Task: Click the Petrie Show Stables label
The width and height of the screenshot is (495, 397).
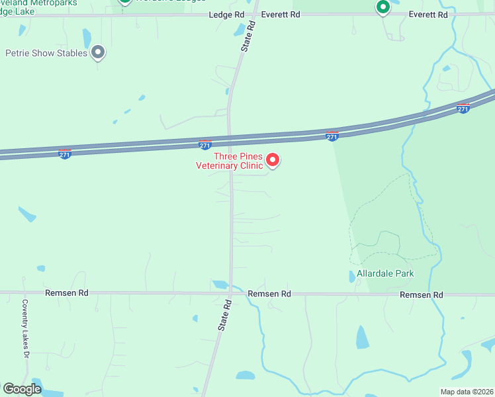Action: pyautogui.click(x=46, y=53)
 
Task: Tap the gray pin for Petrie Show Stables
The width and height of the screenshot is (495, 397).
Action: pyautogui.click(x=99, y=51)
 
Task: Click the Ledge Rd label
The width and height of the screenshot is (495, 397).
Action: pyautogui.click(x=226, y=14)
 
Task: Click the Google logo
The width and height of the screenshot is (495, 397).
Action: pyautogui.click(x=22, y=388)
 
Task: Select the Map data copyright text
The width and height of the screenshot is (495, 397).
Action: pyautogui.click(x=467, y=392)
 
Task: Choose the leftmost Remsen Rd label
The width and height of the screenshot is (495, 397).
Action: pyautogui.click(x=66, y=292)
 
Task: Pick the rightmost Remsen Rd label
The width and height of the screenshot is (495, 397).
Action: pyautogui.click(x=421, y=294)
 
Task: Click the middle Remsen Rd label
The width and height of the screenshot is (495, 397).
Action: pyautogui.click(x=269, y=293)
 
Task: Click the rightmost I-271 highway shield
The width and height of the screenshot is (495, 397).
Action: pyautogui.click(x=464, y=107)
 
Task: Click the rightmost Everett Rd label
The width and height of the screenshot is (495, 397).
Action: pyautogui.click(x=428, y=14)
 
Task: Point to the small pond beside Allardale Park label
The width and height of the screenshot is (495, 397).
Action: pyautogui.click(x=352, y=277)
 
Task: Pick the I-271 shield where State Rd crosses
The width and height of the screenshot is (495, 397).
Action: pyautogui.click(x=205, y=144)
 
